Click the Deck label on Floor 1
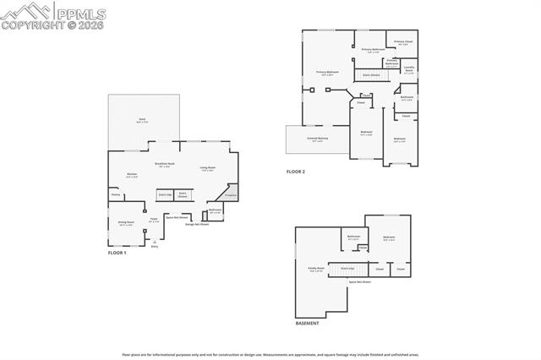(143, 120)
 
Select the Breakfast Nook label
(165, 164)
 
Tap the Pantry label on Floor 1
(115, 194)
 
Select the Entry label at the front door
(154, 247)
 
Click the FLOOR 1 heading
(117, 254)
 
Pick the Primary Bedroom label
(327, 73)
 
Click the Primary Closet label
(403, 41)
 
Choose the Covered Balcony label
(318, 139)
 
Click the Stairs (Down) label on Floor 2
(371, 74)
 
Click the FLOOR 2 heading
(295, 172)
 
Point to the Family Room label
(317, 269)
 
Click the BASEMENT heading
(307, 324)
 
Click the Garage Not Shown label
(197, 224)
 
